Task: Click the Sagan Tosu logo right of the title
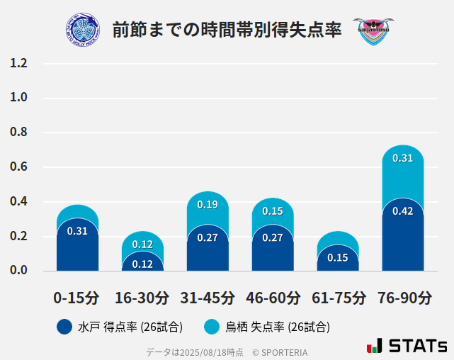[373, 31]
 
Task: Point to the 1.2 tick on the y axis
[18, 64]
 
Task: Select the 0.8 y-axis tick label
[18, 133]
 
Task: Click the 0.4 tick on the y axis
[18, 202]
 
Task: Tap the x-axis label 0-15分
[76, 297]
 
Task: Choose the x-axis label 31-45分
[208, 297]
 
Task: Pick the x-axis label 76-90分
[404, 297]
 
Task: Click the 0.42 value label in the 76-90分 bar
[403, 211]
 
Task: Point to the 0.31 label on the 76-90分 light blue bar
[403, 158]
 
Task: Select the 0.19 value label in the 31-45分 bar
[208, 204]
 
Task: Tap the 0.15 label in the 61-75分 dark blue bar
[338, 257]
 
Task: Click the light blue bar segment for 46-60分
[273, 211]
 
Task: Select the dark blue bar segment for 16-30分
[142, 263]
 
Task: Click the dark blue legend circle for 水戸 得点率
[64, 327]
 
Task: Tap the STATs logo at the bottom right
[407, 346]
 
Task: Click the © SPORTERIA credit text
[280, 351]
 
